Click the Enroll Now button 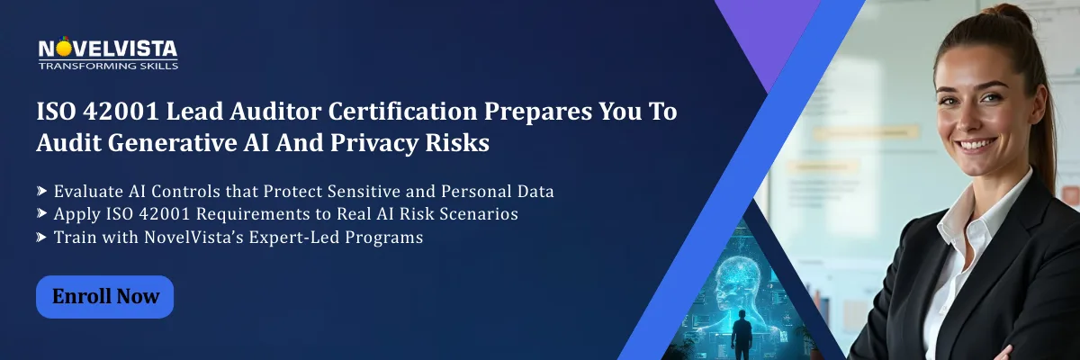click(x=104, y=297)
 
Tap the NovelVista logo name click(x=107, y=49)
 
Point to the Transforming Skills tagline click(x=108, y=66)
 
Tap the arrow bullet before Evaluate click(x=42, y=191)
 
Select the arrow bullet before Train click(x=42, y=238)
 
